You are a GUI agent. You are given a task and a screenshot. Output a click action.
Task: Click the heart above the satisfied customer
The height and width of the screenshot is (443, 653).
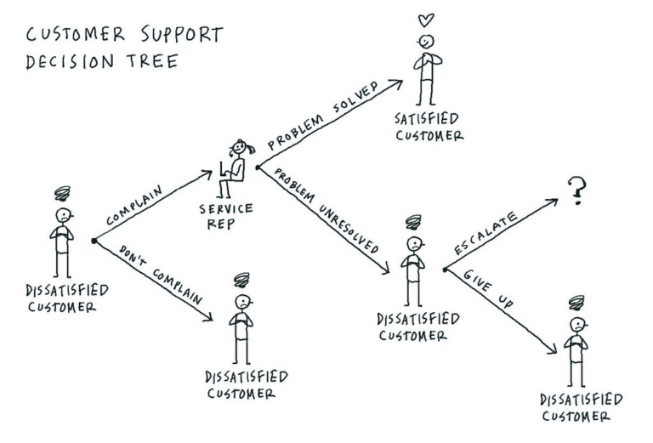click(x=429, y=20)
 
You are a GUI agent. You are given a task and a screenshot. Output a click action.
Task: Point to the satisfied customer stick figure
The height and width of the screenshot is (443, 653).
click(x=429, y=68)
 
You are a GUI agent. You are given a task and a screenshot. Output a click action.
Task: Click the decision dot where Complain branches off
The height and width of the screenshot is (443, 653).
click(x=93, y=242)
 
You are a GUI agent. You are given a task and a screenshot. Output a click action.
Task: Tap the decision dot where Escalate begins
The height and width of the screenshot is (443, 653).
click(x=444, y=270)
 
